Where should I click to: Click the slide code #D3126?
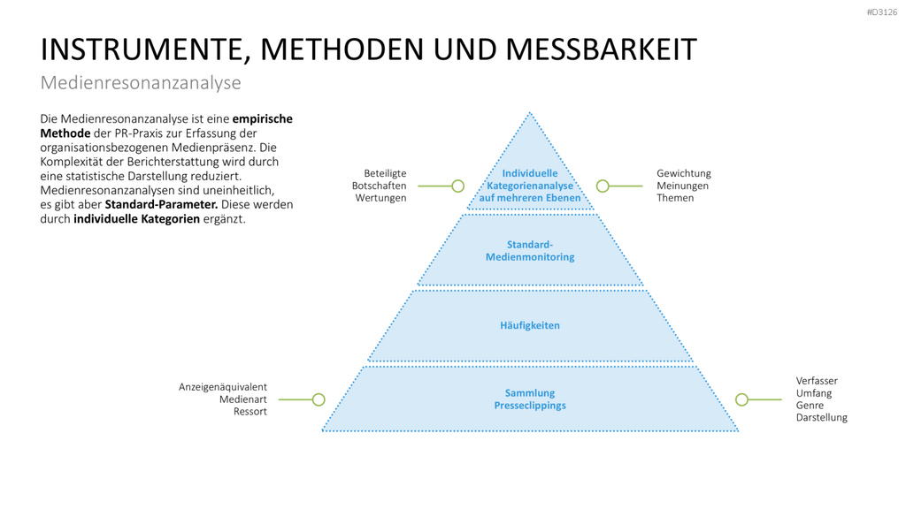pyautogui.click(x=882, y=12)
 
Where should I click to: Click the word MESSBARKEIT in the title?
pyautogui.click(x=601, y=49)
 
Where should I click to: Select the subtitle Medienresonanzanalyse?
pyautogui.click(x=141, y=82)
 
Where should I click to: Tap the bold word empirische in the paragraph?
pyautogui.click(x=262, y=119)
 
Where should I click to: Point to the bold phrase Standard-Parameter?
pyautogui.click(x=161, y=204)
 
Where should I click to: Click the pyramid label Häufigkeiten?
pyautogui.click(x=530, y=325)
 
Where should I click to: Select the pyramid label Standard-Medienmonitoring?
pyautogui.click(x=530, y=250)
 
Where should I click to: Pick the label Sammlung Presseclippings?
pyautogui.click(x=530, y=399)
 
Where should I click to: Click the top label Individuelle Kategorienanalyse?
pyautogui.click(x=530, y=179)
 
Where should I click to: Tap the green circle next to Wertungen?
pyautogui.click(x=457, y=186)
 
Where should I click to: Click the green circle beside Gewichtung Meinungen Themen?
pyautogui.click(x=603, y=186)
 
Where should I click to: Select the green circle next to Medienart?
pyautogui.click(x=319, y=399)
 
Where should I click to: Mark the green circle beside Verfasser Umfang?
pyautogui.click(x=742, y=399)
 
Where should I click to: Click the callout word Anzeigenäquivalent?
pyautogui.click(x=222, y=387)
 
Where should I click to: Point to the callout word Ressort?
pyautogui.click(x=250, y=412)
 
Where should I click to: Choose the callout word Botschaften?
pyautogui.click(x=379, y=186)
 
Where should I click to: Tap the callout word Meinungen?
pyautogui.click(x=682, y=186)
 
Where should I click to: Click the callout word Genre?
pyautogui.click(x=810, y=405)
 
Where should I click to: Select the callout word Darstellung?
pyautogui.click(x=822, y=417)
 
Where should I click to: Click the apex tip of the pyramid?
pyautogui.click(x=530, y=112)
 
